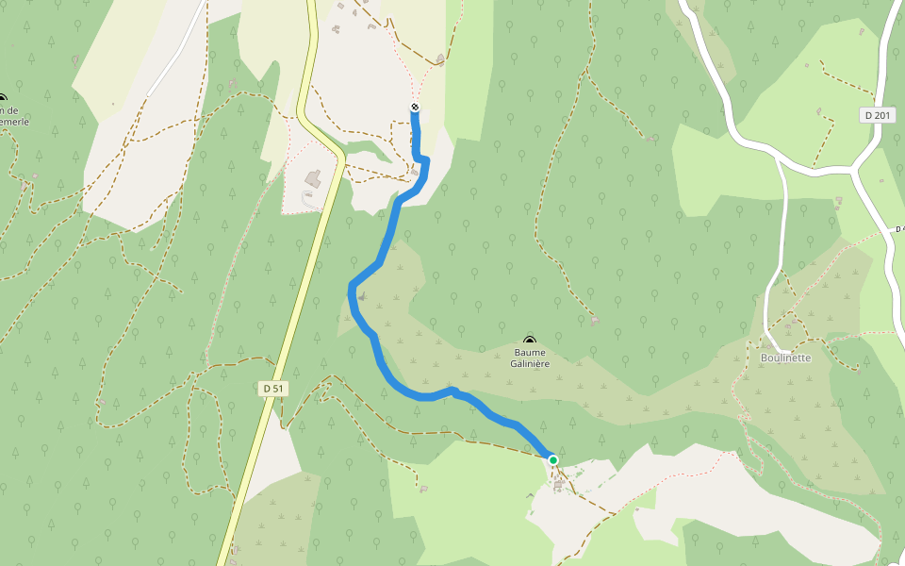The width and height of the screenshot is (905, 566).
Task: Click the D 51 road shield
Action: (x=271, y=388)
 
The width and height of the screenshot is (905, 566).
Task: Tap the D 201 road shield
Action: (x=877, y=115)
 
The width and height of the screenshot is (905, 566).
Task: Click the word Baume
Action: (x=529, y=353)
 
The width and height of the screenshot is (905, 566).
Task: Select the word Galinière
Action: (x=529, y=363)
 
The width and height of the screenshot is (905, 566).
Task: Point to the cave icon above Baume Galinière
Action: (x=529, y=340)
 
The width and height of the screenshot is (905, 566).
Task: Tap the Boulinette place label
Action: (x=785, y=358)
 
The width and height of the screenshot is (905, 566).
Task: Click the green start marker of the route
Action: (x=553, y=460)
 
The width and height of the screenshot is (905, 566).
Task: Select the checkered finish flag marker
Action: (x=415, y=108)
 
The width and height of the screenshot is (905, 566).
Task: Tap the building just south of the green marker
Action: (x=560, y=486)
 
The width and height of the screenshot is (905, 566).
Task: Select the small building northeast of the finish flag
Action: (x=440, y=60)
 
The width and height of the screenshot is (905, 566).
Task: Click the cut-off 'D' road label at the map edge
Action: (x=899, y=228)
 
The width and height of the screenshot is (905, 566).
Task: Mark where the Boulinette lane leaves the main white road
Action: (x=779, y=158)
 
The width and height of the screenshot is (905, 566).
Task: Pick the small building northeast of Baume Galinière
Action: (x=594, y=320)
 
